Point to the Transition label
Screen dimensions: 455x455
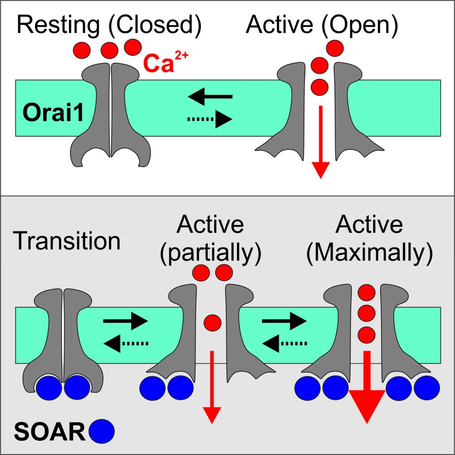coord(67,241)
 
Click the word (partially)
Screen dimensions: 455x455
coord(210,253)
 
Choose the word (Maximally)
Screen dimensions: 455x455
coord(369,253)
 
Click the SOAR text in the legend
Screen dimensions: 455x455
coord(49,431)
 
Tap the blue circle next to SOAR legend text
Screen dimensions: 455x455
coord(102,431)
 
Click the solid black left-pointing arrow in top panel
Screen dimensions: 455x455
coord(210,96)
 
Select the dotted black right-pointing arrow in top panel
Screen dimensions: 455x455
coord(209,120)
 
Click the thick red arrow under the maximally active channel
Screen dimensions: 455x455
coord(367,391)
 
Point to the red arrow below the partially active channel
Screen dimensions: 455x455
coord(212,391)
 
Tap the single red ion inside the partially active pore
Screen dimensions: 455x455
coord(212,321)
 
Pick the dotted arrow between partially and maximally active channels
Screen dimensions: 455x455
coord(284,342)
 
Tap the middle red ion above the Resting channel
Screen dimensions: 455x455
coord(109,50)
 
